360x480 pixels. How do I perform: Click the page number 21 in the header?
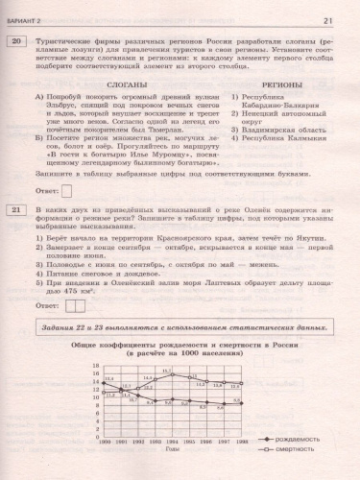(327, 20)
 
